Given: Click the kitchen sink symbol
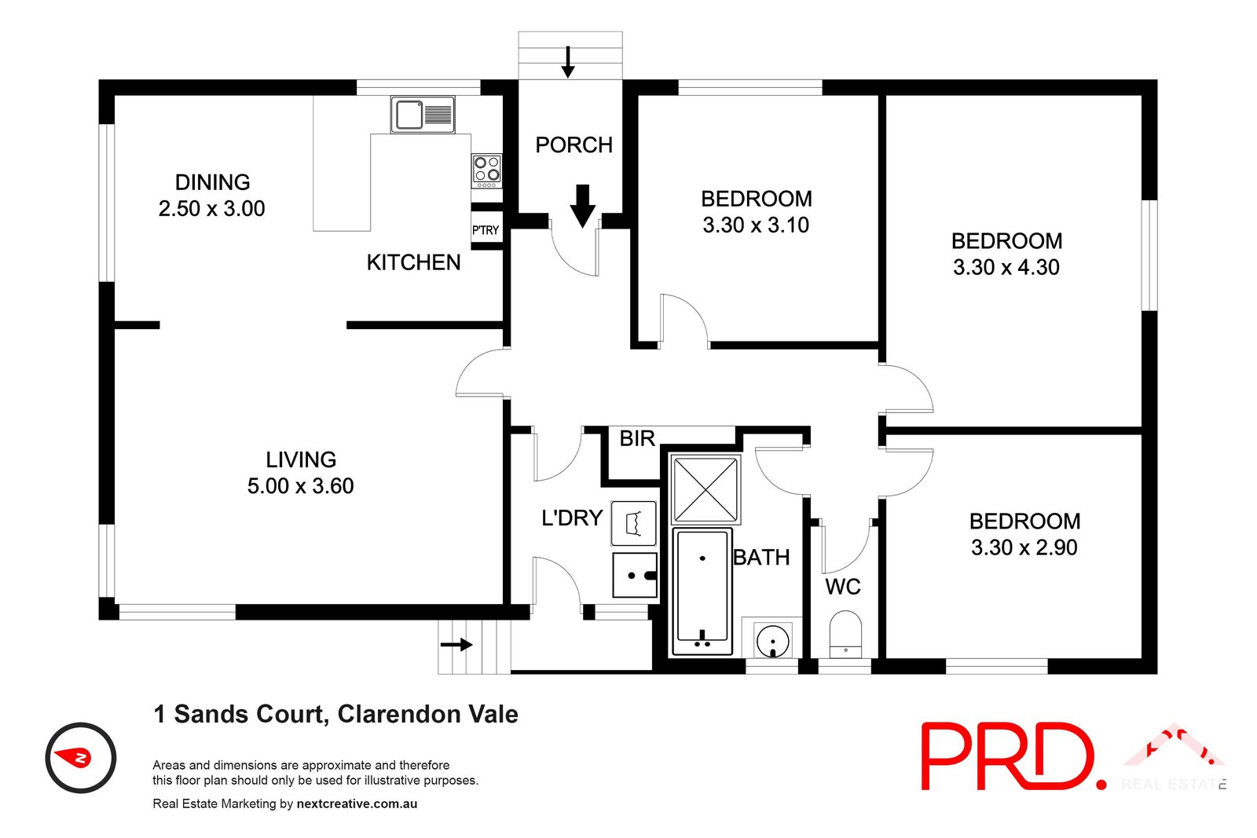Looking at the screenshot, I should pos(423,115).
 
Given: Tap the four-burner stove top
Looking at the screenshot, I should pos(486,170).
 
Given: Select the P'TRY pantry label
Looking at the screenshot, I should pos(486,230).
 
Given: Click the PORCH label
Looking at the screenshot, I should pos(574,145).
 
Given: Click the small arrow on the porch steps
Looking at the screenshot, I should pos(567,62).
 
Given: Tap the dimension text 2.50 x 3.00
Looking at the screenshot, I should pos(211,209).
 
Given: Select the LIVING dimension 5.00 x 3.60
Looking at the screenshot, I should pos(300,486).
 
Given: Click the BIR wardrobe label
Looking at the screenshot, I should pos(636,438).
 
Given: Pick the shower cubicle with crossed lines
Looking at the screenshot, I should pos(705,489).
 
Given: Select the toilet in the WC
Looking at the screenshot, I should pos(845,635).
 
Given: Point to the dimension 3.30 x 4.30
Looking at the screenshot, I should pos(1006,268).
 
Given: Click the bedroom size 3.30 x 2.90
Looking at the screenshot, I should pos(1024,548).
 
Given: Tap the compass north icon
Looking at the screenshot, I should pos(81,758).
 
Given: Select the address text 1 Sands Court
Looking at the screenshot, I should pos(240,715).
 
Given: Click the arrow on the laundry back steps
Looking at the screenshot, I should pos(456,645).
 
